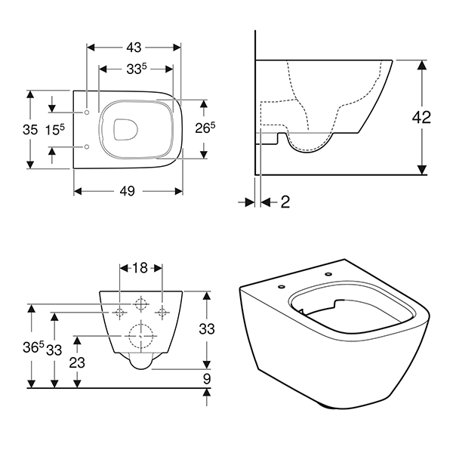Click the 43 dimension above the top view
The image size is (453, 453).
tap(134, 47)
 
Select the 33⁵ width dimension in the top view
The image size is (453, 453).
tap(137, 69)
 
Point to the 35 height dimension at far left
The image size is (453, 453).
tap(29, 129)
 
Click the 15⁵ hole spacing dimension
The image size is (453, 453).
tap(53, 129)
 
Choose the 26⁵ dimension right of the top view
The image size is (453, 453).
tap(206, 128)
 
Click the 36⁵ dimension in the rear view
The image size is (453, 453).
tap(30, 349)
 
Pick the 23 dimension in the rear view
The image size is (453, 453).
tap(76, 362)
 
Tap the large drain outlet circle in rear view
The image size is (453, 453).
tap(140, 334)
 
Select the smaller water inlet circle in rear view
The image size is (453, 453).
tap(140, 304)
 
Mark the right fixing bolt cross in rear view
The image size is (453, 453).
tap(160, 311)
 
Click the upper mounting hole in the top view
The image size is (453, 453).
tap(88, 112)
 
